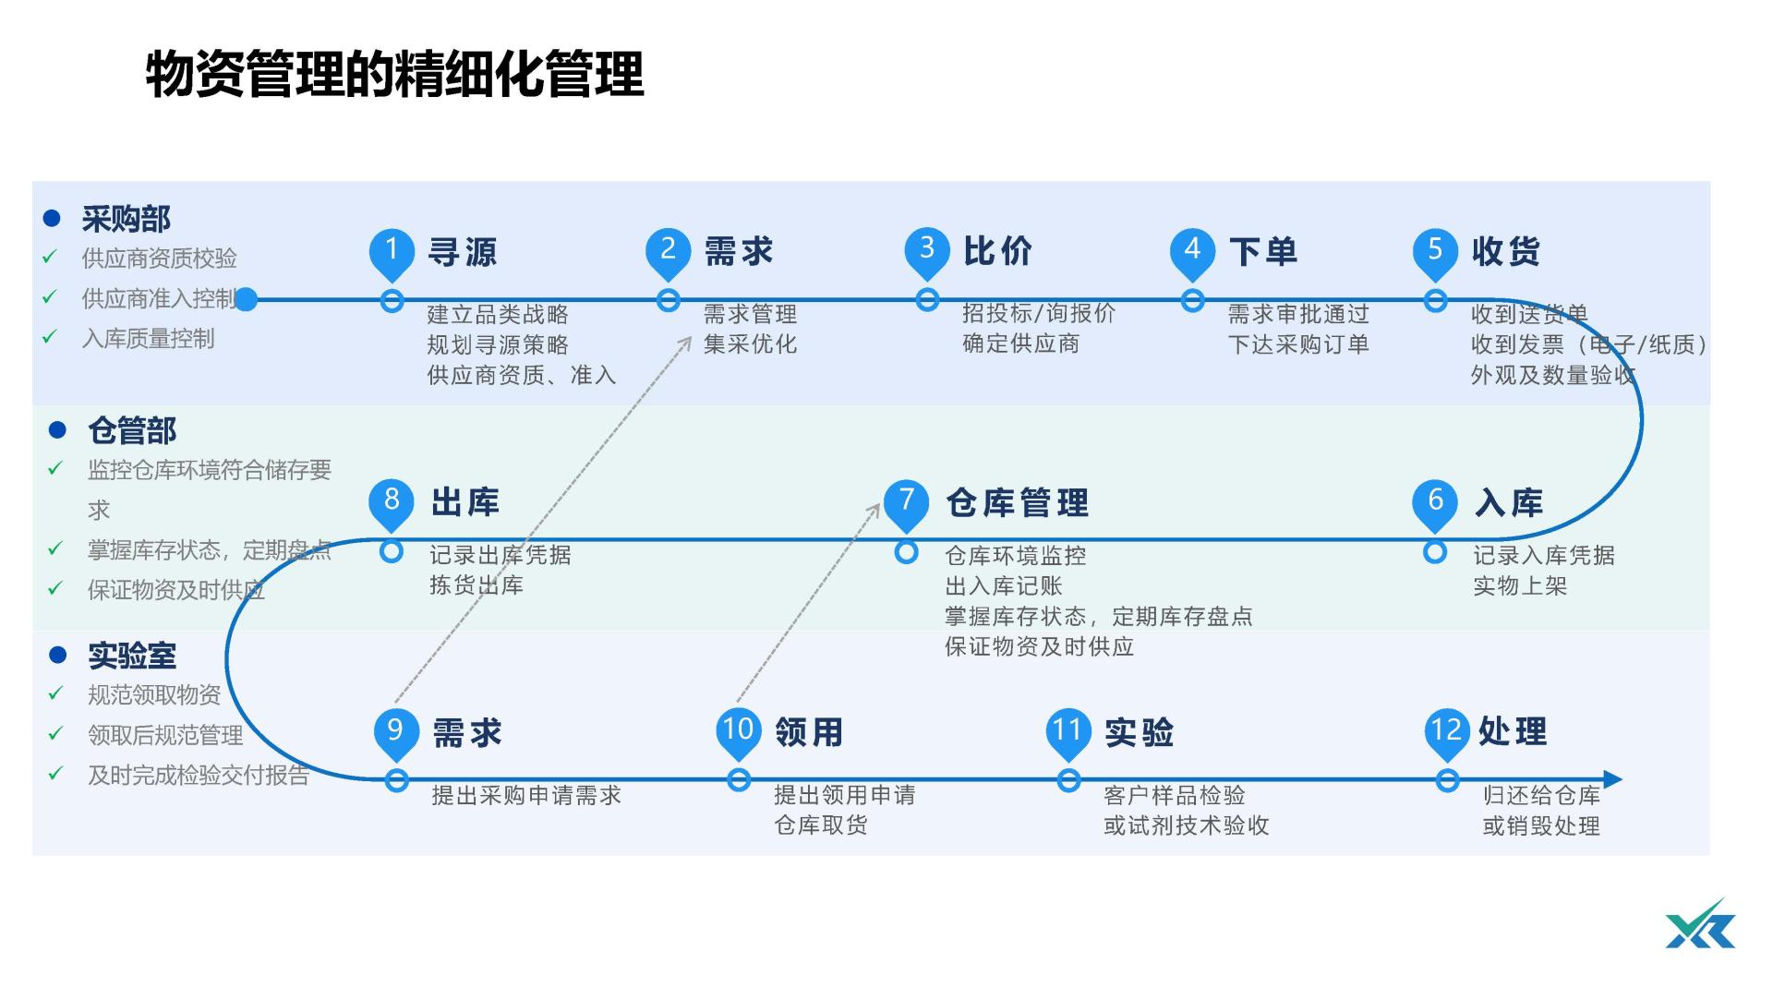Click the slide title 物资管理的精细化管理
pyautogui.click(x=394, y=75)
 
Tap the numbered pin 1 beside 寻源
pyautogui.click(x=392, y=250)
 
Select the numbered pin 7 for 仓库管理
pyautogui.click(x=906, y=501)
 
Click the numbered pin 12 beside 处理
pyautogui.click(x=1446, y=730)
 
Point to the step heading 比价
pyautogui.click(x=997, y=251)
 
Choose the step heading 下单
pyautogui.click(x=1262, y=251)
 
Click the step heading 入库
pyautogui.click(x=1508, y=503)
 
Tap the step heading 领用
pyautogui.click(x=809, y=732)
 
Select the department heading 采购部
pyautogui.click(x=127, y=220)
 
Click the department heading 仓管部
pyautogui.click(x=132, y=430)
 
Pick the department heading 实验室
pyautogui.click(x=132, y=657)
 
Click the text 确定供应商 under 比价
pyautogui.click(x=1020, y=344)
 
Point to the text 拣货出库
pyautogui.click(x=476, y=585)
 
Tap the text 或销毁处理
pyautogui.click(x=1540, y=826)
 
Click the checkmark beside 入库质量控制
pyautogui.click(x=50, y=338)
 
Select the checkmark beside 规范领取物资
pyautogui.click(x=55, y=693)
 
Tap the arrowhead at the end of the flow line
pyautogui.click(x=1612, y=779)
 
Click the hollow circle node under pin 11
pyautogui.click(x=1068, y=781)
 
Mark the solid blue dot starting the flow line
pyautogui.click(x=246, y=299)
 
